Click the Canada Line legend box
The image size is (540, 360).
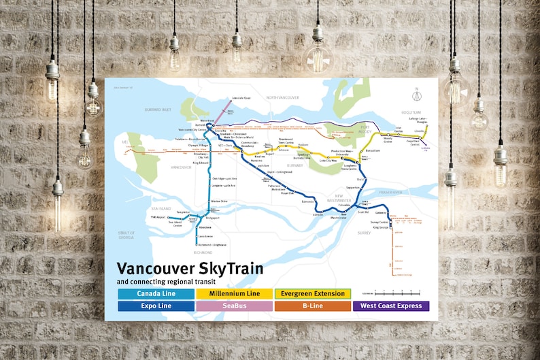[x=156, y=294]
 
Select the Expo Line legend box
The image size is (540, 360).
[x=156, y=306]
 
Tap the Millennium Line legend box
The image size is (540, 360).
[x=234, y=294]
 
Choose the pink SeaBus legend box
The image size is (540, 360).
[x=234, y=306]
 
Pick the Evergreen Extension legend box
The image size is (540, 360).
[x=312, y=294]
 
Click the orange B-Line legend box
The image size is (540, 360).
[x=312, y=306]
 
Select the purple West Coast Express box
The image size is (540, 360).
[x=390, y=306]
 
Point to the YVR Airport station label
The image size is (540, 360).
[x=158, y=216]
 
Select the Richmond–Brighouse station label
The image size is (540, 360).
[x=210, y=244]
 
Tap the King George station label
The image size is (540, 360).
[x=380, y=227]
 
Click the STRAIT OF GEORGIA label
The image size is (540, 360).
[x=126, y=235]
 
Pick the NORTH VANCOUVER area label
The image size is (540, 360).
[x=282, y=98]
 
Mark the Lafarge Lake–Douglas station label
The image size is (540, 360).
[x=418, y=120]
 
